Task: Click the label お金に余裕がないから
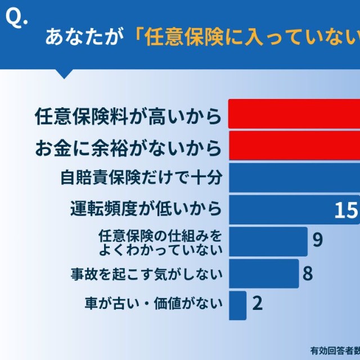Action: pyautogui.click(x=127, y=147)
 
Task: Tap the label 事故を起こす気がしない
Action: pyautogui.click(x=147, y=274)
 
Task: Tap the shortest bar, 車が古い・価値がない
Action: pyautogui.click(x=237, y=305)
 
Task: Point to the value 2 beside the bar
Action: pyautogui.click(x=258, y=304)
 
